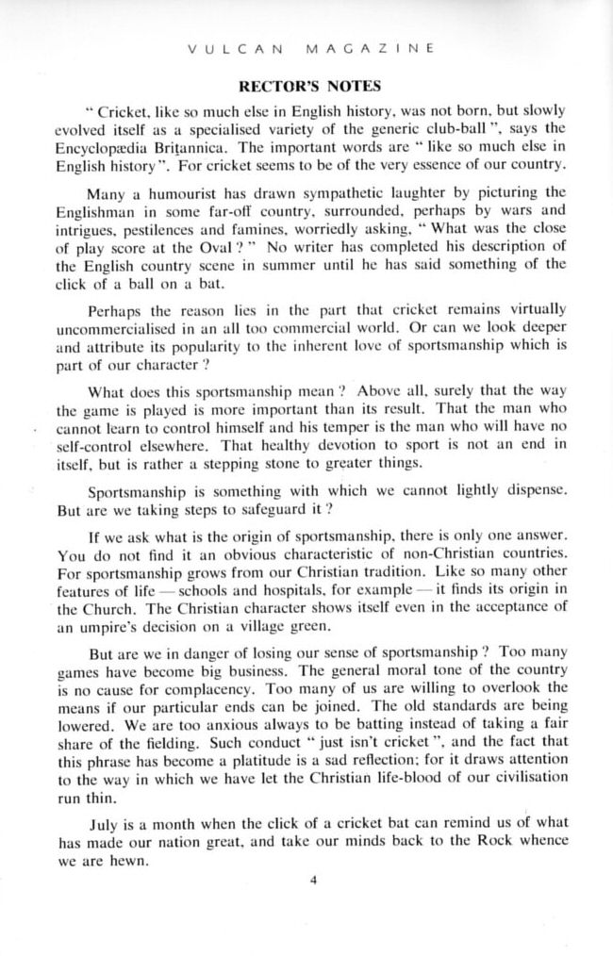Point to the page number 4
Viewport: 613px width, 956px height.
point(312,881)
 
